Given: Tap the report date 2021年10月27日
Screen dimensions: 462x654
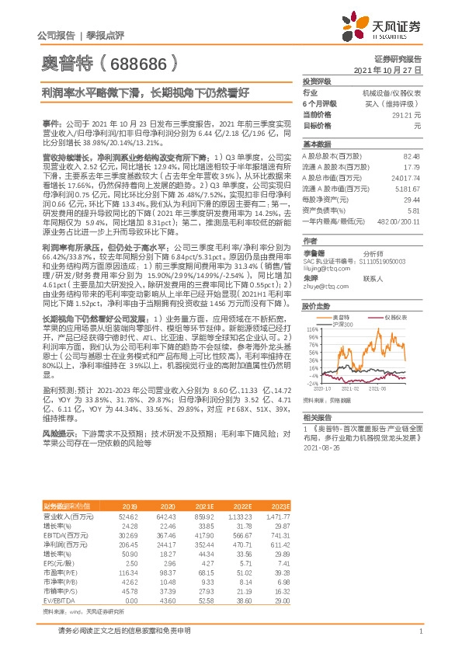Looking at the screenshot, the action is (x=392, y=69).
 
